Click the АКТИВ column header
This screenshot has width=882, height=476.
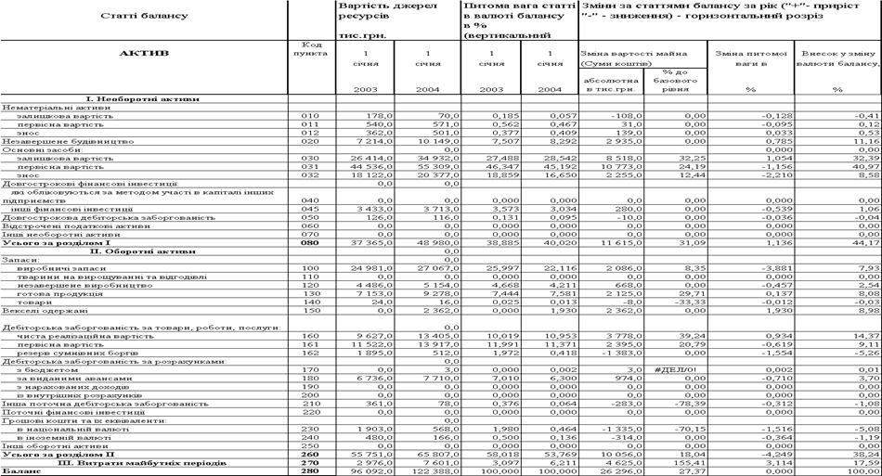pyautogui.click(x=144, y=53)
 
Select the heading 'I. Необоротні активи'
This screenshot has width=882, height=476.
pyautogui.click(x=145, y=97)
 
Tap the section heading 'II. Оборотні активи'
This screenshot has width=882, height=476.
pyautogui.click(x=145, y=251)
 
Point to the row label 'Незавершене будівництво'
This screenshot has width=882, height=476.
pyautogui.click(x=61, y=141)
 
